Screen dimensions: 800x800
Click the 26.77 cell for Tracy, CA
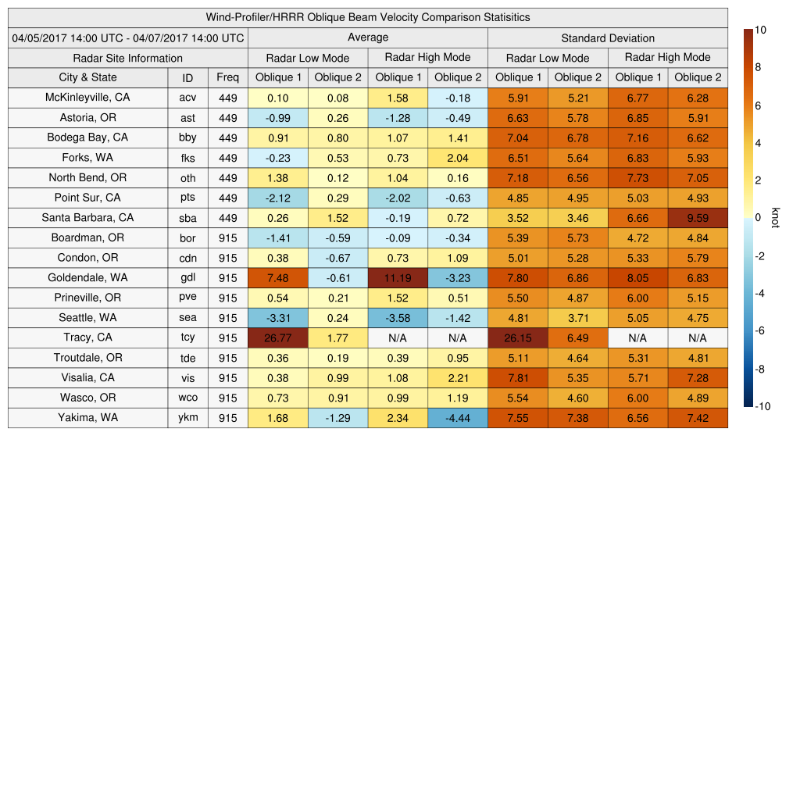point(277,337)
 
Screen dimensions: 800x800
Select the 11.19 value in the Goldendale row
point(398,277)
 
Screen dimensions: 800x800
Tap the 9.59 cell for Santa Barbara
point(698,218)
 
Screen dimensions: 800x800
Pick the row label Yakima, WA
point(87,417)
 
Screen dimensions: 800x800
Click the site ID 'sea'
point(187,317)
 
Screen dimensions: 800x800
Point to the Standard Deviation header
point(608,38)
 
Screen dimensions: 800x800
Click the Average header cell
point(367,37)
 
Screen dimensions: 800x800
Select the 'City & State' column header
point(87,77)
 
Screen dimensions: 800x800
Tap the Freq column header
point(227,77)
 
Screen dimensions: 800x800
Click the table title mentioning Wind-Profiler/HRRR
point(367,17)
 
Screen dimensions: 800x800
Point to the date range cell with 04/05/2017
point(127,37)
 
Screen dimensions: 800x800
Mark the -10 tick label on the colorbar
point(762,406)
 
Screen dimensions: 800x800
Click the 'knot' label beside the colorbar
point(775,217)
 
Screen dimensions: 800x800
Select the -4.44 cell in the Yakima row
point(458,417)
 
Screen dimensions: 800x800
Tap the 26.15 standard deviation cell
point(518,337)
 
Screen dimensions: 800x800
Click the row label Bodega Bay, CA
point(87,137)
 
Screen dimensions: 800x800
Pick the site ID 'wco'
point(187,397)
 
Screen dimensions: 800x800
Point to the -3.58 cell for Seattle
point(398,317)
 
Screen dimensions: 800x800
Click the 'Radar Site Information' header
point(127,58)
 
